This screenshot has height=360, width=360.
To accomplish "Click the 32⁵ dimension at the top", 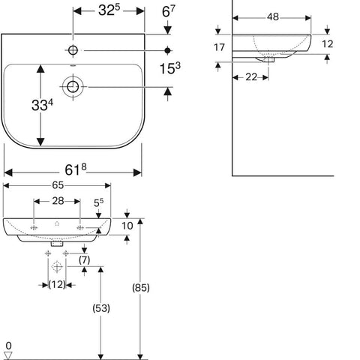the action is [x=109, y=10].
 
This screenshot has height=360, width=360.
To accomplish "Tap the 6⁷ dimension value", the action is [x=169, y=11].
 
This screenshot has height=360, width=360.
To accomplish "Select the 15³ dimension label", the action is [x=170, y=68].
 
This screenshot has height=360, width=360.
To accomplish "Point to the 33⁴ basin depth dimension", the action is [x=42, y=104].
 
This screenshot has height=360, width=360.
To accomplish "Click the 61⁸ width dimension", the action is [x=76, y=169].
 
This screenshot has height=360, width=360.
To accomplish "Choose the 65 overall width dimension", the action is [x=58, y=185].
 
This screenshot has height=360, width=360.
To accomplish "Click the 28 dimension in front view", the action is [x=58, y=201].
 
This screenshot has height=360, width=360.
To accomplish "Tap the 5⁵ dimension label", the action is [x=98, y=202].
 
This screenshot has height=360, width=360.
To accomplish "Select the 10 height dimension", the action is [x=127, y=226].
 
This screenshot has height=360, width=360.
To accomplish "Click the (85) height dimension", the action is [x=141, y=288].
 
